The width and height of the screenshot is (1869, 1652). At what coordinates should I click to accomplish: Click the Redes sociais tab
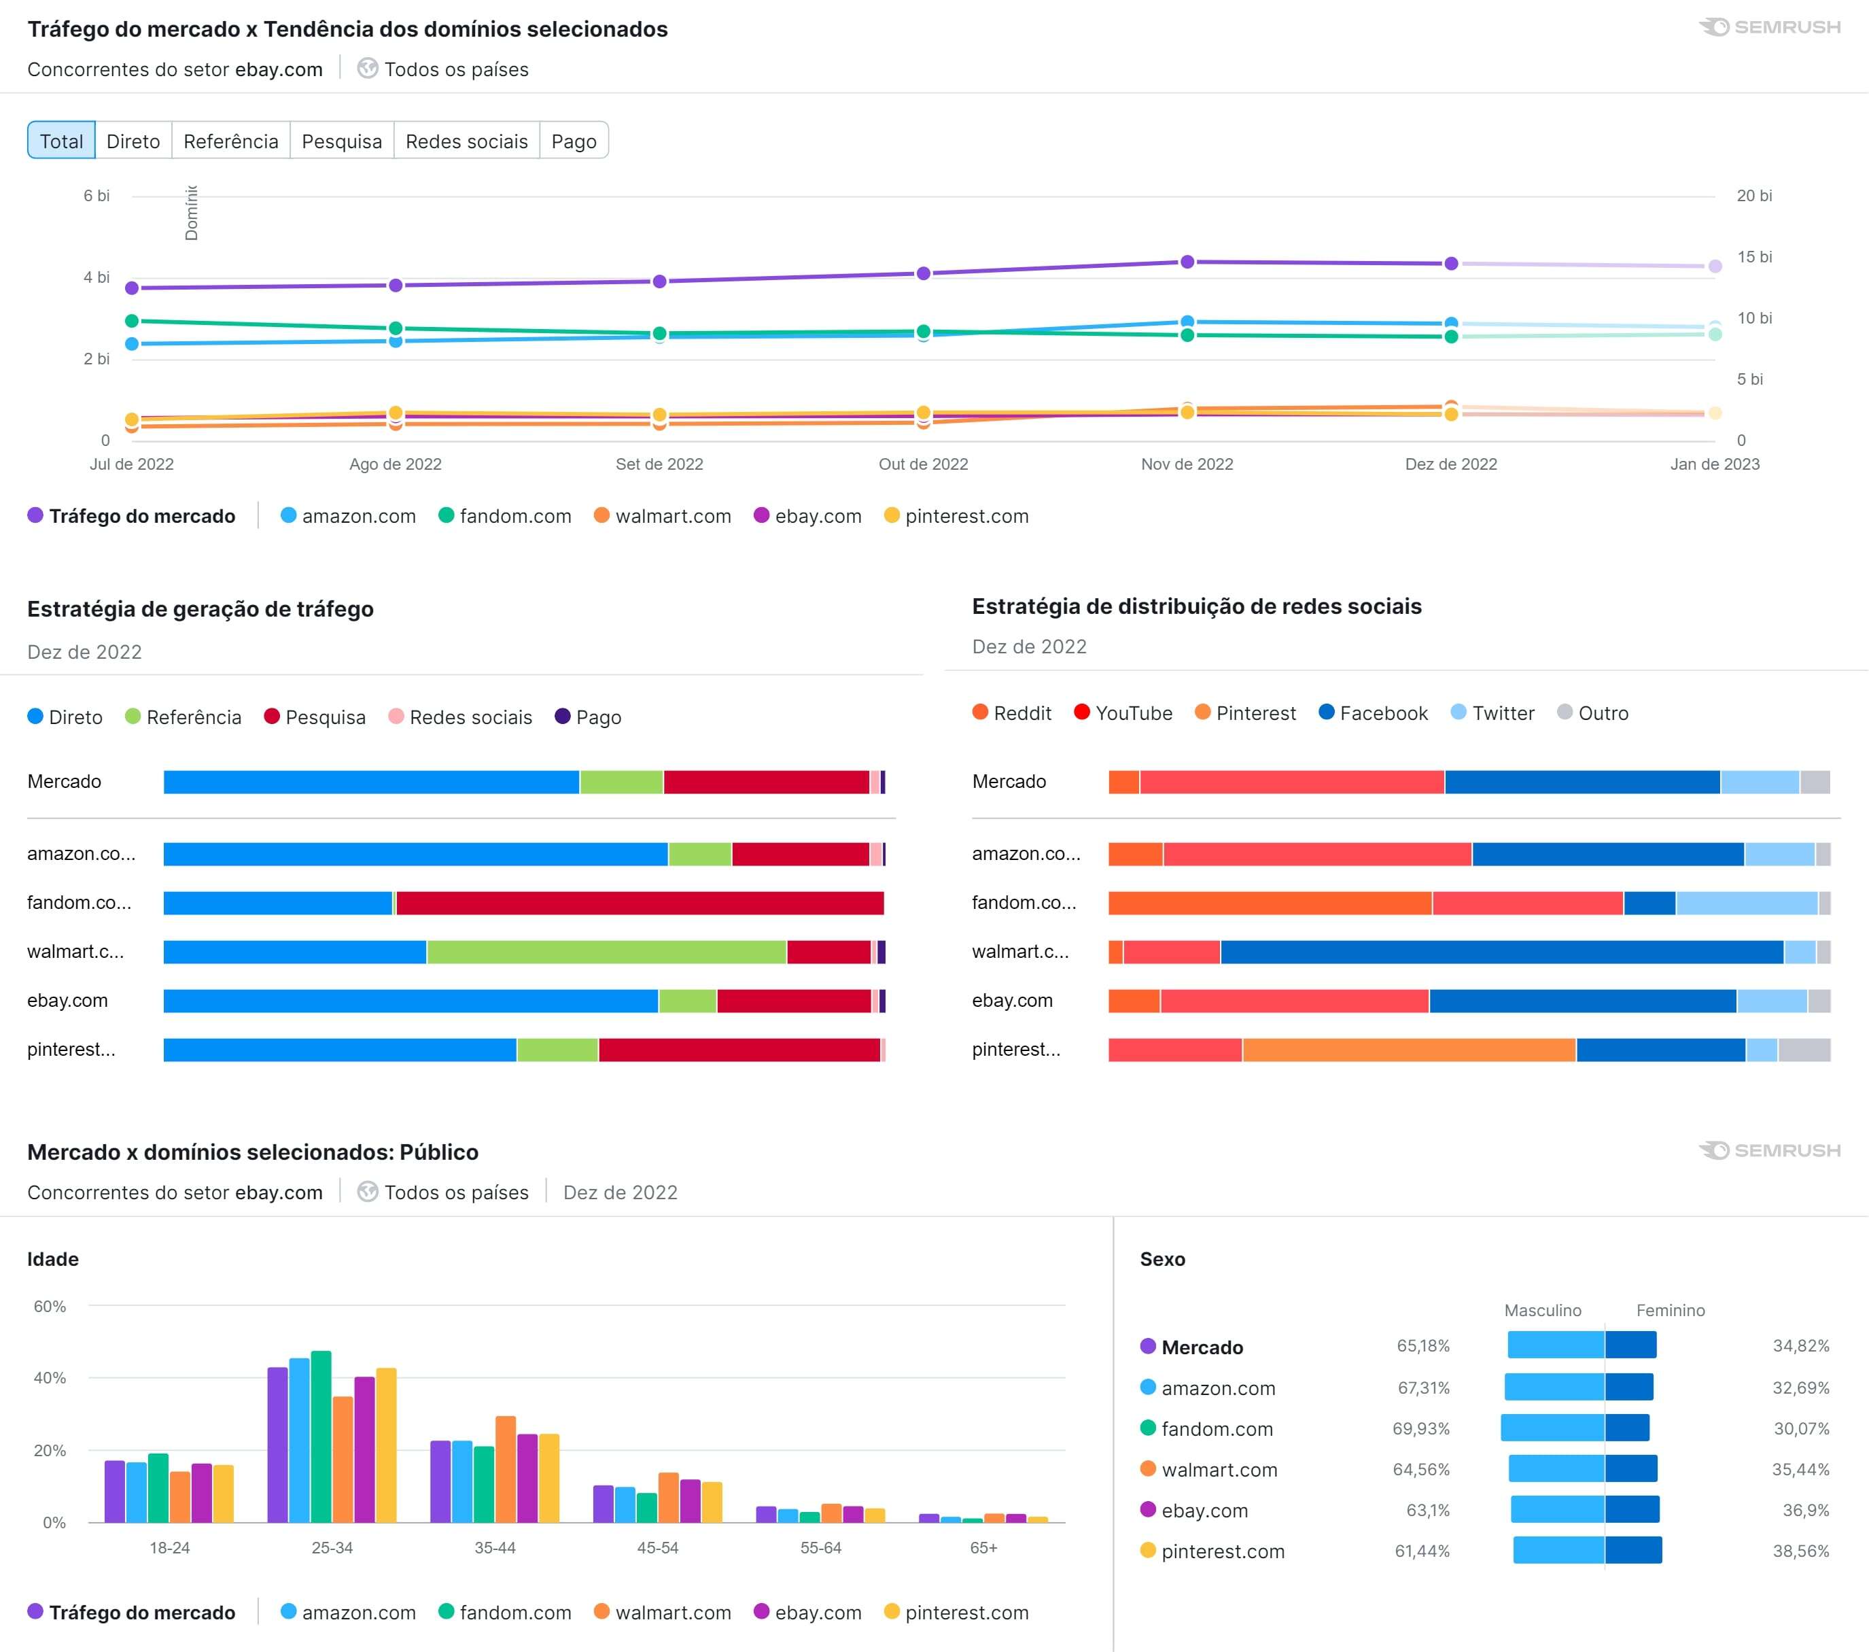point(466,141)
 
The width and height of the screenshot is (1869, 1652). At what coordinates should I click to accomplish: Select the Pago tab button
point(574,141)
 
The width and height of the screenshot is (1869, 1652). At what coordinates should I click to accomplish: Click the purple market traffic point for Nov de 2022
point(1187,262)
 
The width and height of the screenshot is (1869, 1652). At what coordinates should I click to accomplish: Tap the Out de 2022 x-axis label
point(923,464)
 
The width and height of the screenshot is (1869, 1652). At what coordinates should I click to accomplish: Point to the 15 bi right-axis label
point(1753,257)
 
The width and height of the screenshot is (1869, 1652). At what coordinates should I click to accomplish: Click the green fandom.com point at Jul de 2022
point(132,321)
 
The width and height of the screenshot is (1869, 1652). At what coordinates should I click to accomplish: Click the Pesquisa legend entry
point(315,717)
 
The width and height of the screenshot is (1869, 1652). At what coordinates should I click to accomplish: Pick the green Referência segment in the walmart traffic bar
point(606,951)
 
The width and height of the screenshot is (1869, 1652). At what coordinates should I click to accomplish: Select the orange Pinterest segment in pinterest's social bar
point(1408,1049)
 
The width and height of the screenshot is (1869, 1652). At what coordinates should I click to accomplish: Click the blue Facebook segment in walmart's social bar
point(1501,951)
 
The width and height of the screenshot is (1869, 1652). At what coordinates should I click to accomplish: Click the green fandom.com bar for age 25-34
point(321,1436)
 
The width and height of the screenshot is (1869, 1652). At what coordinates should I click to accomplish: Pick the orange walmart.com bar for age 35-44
point(506,1468)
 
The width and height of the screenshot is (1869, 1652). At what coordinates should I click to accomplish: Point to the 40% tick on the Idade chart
point(50,1377)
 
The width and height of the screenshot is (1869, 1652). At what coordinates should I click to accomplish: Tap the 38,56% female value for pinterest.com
point(1800,1551)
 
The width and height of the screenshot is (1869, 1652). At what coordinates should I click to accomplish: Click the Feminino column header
point(1670,1310)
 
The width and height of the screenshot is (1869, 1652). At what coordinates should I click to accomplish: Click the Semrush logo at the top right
point(1769,27)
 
